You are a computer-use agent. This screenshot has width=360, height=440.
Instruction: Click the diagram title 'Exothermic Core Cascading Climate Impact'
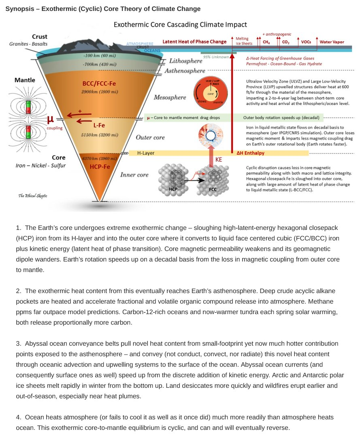click(x=180, y=25)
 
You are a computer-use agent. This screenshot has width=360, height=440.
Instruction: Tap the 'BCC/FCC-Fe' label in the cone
click(x=99, y=84)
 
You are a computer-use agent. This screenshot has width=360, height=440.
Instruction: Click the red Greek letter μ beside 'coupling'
click(x=50, y=119)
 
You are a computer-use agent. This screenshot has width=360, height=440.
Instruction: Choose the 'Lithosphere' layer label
click(x=185, y=61)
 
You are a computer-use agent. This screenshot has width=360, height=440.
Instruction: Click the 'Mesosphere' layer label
click(x=170, y=97)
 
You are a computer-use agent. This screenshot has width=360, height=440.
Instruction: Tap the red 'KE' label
click(x=219, y=160)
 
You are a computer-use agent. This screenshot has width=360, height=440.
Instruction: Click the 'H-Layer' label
click(x=146, y=153)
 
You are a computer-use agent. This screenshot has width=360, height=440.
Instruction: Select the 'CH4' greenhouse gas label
click(x=266, y=42)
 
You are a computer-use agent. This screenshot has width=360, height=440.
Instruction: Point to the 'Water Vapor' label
click(x=332, y=42)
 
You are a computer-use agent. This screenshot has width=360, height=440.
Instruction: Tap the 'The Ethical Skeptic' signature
click(x=33, y=196)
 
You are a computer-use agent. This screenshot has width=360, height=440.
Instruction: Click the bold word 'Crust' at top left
click(x=39, y=36)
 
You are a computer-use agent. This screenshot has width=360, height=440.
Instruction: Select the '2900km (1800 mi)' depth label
click(x=99, y=91)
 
